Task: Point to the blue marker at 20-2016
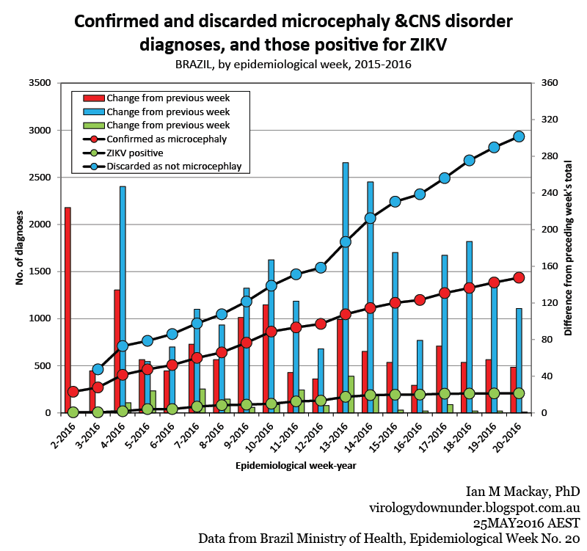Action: click(x=519, y=136)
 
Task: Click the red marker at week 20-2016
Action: click(x=519, y=277)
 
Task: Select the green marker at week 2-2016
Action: click(x=73, y=412)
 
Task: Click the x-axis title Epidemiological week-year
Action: click(x=292, y=466)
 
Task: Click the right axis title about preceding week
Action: click(x=568, y=248)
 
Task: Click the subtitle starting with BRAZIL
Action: click(x=293, y=65)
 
